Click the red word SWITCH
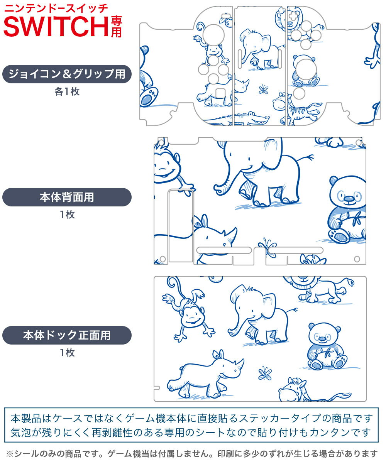point(56,26)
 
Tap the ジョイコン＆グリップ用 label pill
point(67,74)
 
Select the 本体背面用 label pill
point(67,197)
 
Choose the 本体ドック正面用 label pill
point(67,335)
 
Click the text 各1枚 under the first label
point(67,91)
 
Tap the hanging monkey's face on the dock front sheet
point(192,316)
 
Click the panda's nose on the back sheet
point(349,198)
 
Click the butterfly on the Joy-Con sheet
point(263,89)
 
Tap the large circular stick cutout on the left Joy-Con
point(213,35)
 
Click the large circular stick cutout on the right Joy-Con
point(306,69)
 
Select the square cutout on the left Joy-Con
point(220,93)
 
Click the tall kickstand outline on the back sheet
point(180,226)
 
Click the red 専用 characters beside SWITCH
point(116,27)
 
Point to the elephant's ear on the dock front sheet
point(268,304)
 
